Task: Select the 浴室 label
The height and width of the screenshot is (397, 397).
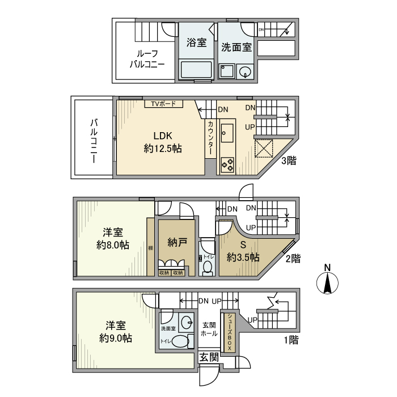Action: [196, 43]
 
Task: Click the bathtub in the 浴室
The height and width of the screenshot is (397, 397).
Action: [196, 71]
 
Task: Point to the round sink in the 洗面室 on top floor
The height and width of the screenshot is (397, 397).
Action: [246, 71]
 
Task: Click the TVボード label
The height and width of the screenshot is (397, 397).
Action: [163, 104]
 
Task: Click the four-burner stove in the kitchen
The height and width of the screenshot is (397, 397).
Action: [228, 164]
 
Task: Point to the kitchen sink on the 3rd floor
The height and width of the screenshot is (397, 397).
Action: [228, 134]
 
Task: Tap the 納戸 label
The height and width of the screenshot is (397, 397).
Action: [177, 243]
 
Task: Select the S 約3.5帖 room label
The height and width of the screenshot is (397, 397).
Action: [243, 251]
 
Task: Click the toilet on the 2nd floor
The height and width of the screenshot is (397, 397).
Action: [208, 267]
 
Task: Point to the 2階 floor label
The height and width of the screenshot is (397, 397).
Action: [292, 258]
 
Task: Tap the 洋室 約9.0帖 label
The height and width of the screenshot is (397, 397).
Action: [116, 332]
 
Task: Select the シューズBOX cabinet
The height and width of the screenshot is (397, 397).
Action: [230, 332]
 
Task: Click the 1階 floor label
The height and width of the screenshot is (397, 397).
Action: [290, 340]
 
